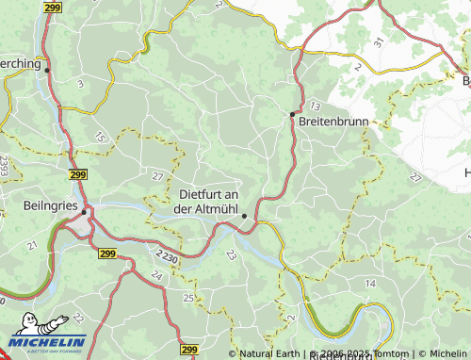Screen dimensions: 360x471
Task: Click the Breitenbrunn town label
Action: [333, 123]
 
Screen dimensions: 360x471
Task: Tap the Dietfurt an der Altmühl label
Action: [208, 201]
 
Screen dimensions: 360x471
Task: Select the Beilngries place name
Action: [45, 203]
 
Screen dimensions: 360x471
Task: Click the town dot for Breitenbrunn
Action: [292, 114]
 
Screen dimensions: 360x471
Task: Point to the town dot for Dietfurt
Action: [244, 216]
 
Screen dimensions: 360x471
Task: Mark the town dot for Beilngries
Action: [85, 212]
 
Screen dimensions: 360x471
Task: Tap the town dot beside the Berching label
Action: [47, 70]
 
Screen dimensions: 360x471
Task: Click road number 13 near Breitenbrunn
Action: [314, 105]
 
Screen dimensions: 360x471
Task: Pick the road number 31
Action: [378, 41]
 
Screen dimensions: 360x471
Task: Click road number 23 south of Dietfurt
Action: [231, 254]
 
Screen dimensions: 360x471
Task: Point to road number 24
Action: [156, 275]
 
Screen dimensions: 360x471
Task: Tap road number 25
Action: [188, 298]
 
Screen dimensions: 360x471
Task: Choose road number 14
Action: [370, 283]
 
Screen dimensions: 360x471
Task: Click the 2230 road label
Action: [167, 255]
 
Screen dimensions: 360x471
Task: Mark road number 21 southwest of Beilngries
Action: [31, 245]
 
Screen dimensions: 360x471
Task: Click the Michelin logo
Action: [47, 340]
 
